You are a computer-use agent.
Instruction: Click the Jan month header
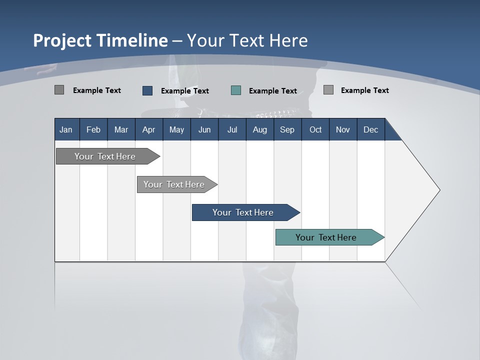point(66,129)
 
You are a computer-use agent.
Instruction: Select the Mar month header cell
point(121,129)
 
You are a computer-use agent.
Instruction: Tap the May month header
point(176,129)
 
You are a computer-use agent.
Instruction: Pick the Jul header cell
point(232,129)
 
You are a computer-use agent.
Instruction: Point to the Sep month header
point(287,129)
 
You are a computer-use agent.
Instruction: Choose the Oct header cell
point(315,129)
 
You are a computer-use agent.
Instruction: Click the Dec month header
point(370,129)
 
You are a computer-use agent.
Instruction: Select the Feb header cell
point(93,129)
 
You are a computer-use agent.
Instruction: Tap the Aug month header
point(259,129)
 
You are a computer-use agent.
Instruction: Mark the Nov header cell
point(343,129)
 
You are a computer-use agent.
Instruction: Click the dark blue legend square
point(147,90)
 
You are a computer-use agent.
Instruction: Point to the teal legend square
point(236,90)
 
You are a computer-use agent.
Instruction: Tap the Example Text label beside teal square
point(273,91)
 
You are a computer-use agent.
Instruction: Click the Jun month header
point(204,129)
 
